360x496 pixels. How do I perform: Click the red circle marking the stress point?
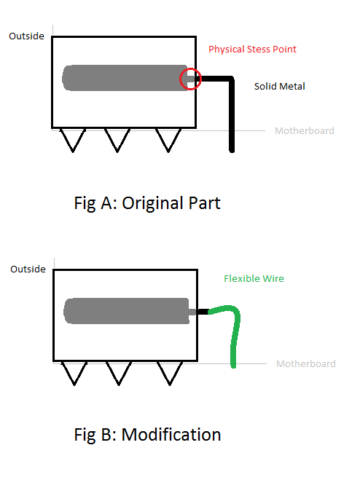180,79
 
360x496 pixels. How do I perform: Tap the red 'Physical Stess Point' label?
252,50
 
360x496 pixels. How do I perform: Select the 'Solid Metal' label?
280,86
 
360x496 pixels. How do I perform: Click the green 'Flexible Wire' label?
254,278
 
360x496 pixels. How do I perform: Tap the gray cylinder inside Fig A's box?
127,78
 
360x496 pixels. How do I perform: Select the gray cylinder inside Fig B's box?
128,311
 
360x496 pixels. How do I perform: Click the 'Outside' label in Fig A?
26,36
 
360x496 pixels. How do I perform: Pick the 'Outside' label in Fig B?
28,269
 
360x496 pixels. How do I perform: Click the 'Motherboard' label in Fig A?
305,130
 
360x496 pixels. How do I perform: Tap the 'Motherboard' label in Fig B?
306,363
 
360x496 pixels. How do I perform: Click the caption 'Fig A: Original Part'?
147,203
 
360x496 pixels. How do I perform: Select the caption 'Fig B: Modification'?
147,435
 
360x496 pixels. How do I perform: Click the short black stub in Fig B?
203,312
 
